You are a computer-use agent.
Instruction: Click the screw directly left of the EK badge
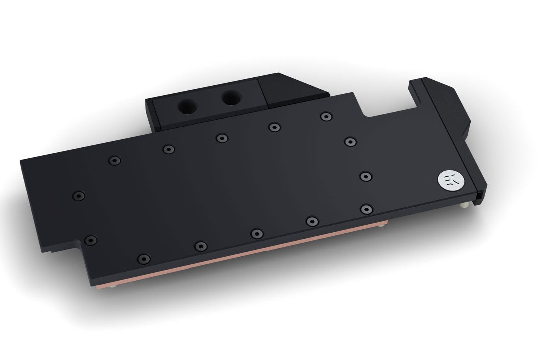click(x=366, y=176)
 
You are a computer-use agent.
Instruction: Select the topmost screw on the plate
click(x=325, y=116)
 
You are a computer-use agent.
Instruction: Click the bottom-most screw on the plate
click(x=143, y=258)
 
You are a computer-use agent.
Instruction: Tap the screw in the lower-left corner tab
click(x=91, y=240)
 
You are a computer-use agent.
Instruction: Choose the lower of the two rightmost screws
click(x=366, y=209)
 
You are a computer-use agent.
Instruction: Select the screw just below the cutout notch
click(x=349, y=142)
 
